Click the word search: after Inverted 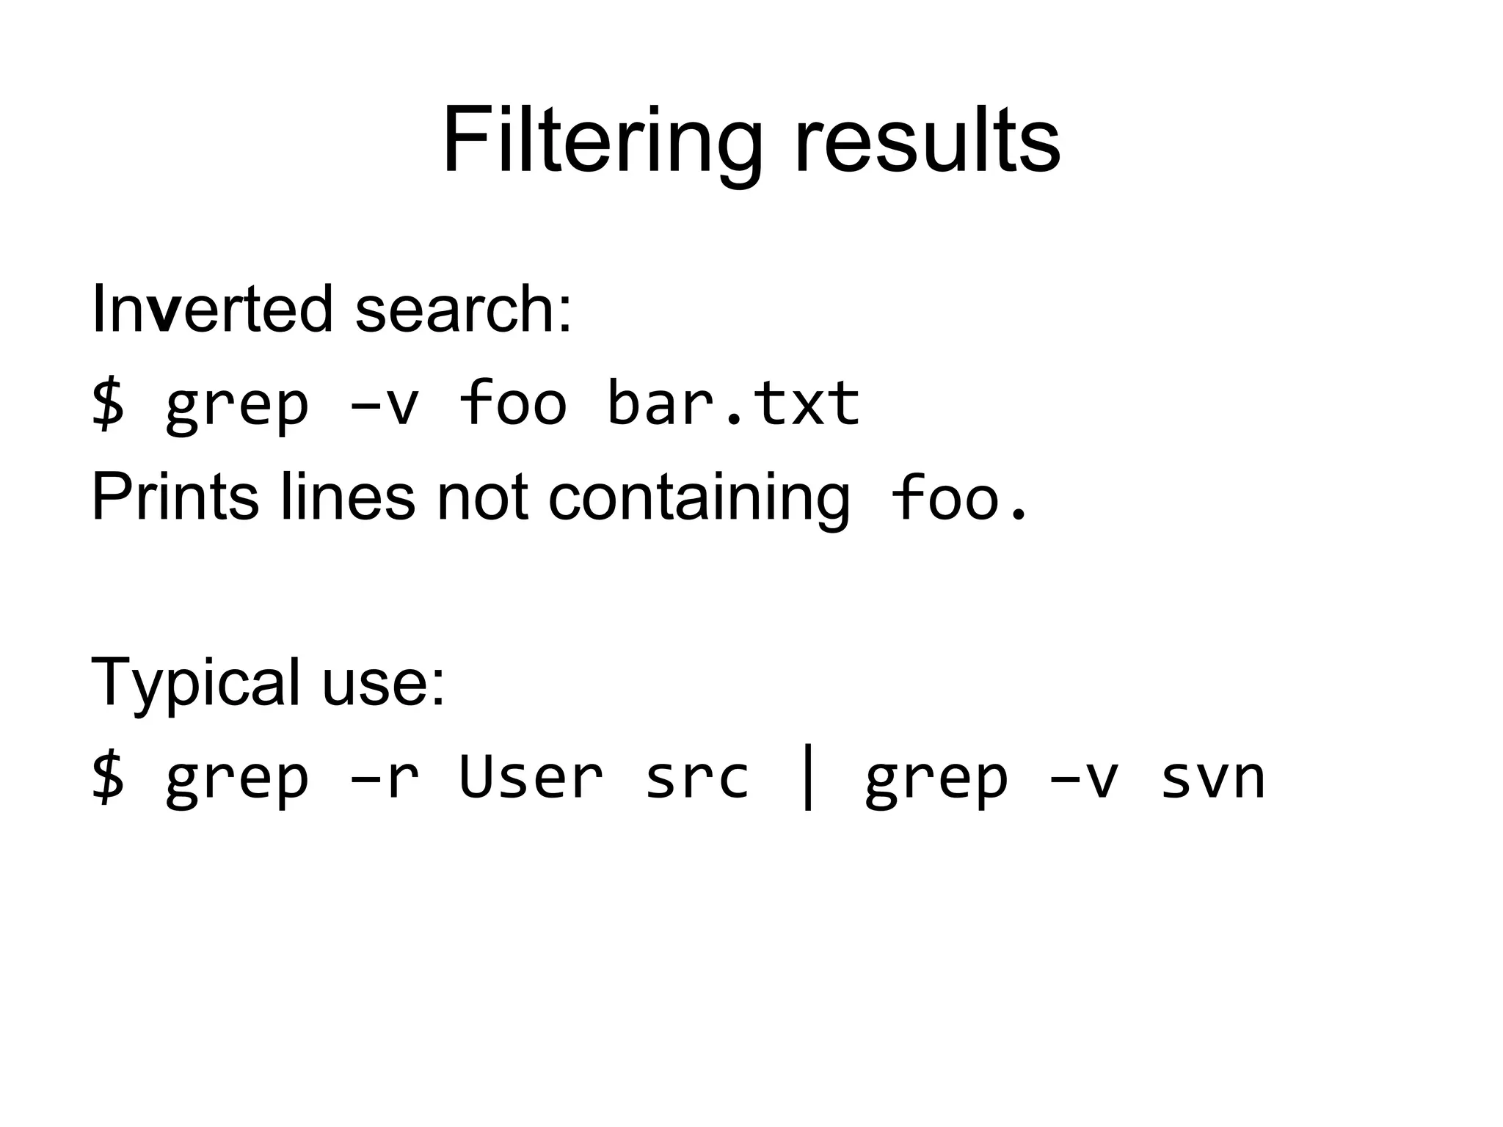point(463,309)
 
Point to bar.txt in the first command point(733,403)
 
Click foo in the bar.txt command point(513,403)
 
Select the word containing point(699,499)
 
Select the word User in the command point(531,778)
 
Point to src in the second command point(697,778)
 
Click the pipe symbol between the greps point(808,778)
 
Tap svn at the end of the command point(1213,778)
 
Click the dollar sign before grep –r point(108,778)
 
